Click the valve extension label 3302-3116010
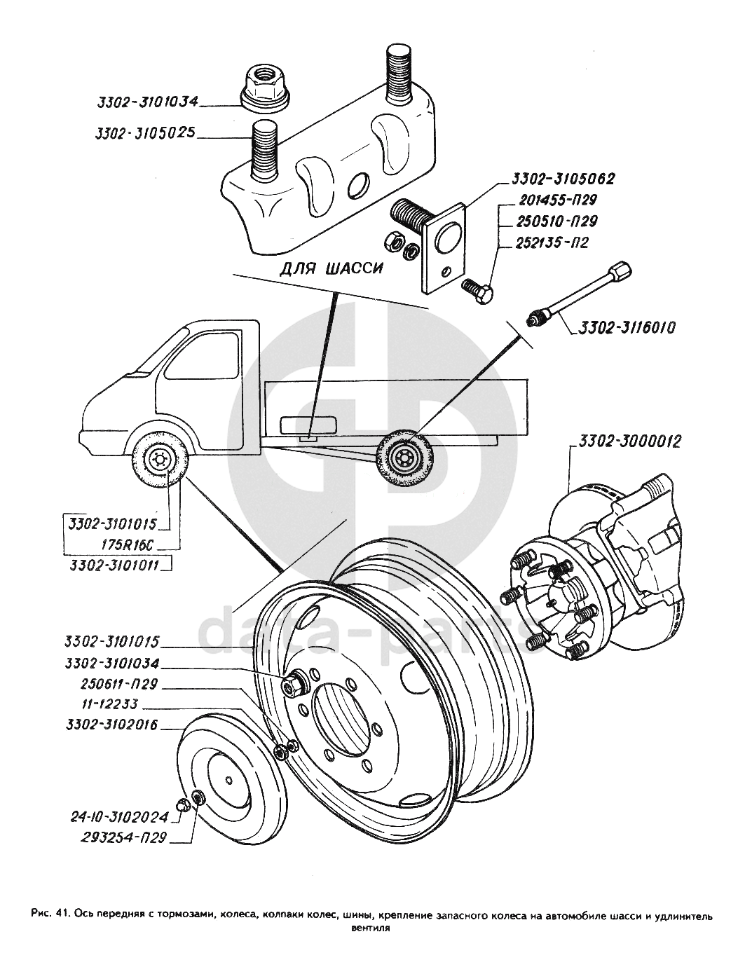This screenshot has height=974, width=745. coord(627,327)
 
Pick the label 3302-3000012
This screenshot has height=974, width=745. coord(629,443)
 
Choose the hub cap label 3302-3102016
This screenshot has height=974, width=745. coord(111,725)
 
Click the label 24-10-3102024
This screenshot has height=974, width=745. coord(120,816)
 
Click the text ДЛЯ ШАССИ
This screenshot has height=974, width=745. coord(332,269)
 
